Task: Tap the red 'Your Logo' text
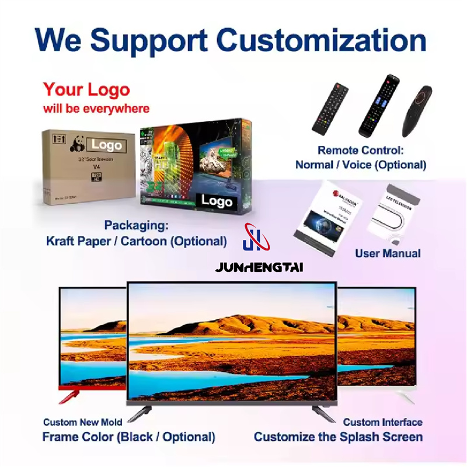click(86, 90)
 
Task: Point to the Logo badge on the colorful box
click(217, 201)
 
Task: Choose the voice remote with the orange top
click(417, 110)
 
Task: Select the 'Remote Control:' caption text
click(360, 150)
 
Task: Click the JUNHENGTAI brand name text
click(259, 268)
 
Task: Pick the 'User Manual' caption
click(388, 253)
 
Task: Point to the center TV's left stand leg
click(139, 412)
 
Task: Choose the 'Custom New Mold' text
click(83, 422)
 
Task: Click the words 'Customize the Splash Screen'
click(338, 437)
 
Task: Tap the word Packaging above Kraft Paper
click(136, 225)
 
